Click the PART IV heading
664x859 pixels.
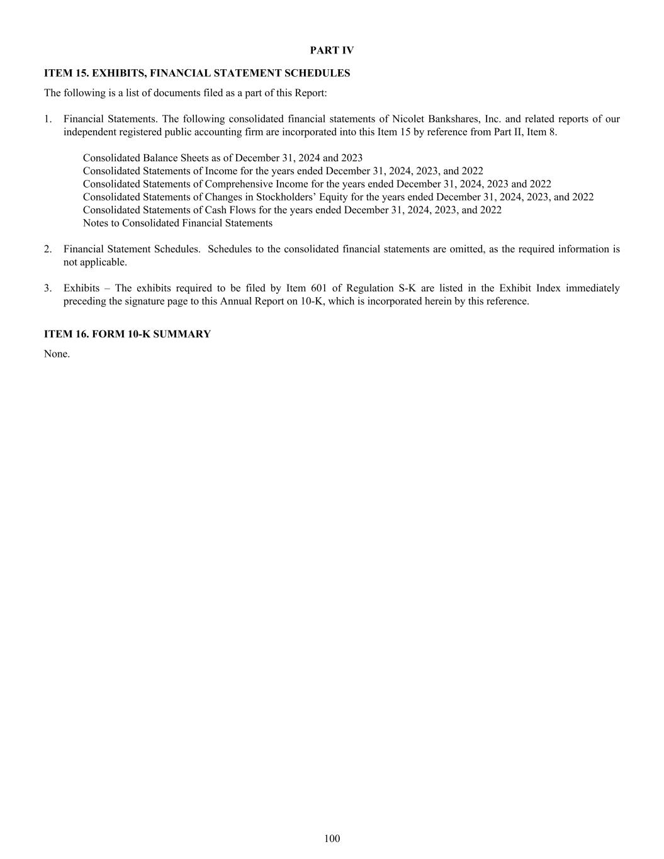(x=332, y=50)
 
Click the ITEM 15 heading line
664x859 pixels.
(x=197, y=73)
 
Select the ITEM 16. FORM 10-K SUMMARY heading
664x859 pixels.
(x=127, y=334)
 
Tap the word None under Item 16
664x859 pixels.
(x=57, y=354)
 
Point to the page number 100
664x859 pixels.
(x=332, y=838)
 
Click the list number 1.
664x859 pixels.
(x=48, y=119)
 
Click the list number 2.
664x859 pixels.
(x=48, y=249)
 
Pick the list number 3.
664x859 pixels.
(x=48, y=288)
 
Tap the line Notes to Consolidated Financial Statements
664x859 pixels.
(x=177, y=223)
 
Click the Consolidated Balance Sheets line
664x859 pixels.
(x=222, y=158)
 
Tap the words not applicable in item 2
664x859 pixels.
(x=95, y=262)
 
